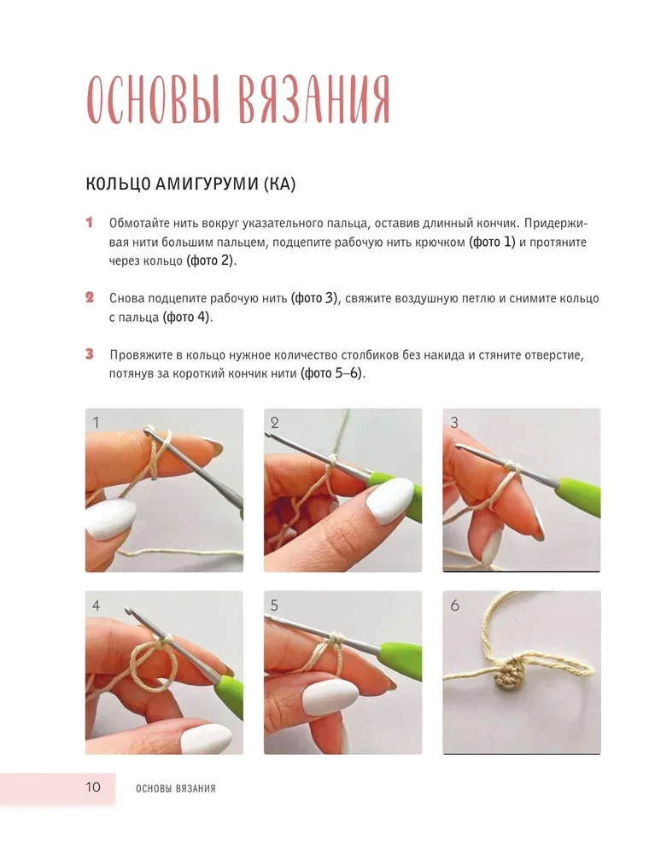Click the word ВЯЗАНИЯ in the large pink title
pos(313,99)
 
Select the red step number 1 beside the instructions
pos(90,222)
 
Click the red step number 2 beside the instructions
pos(90,297)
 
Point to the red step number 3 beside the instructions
pos(90,354)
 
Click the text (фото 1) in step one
pos(492,242)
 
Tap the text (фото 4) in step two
pos(186,317)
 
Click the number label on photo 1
pos(96,422)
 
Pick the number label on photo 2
pos(274,422)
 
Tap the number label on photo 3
pos(454,422)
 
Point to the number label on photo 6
pos(454,605)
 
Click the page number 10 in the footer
pos(93,787)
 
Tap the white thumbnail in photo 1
pos(111,519)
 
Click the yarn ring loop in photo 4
pos(153,665)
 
